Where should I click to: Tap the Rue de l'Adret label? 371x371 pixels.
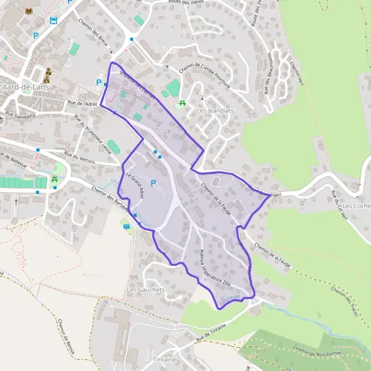[82, 104]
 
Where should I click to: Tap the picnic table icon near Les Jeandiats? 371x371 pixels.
[182, 103]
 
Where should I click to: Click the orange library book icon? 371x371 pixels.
[28, 11]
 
